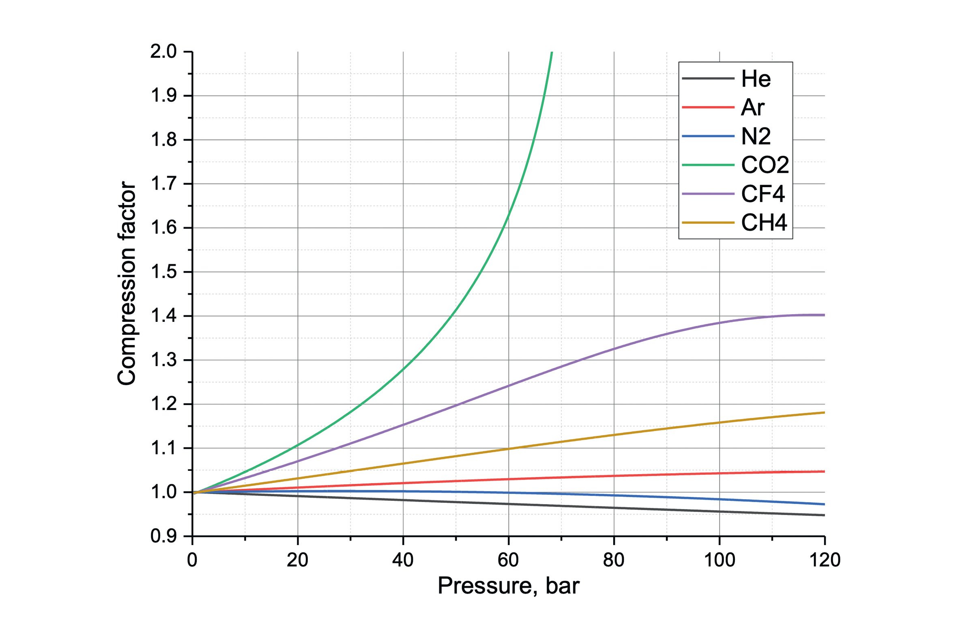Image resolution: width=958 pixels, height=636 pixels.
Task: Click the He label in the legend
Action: [756, 79]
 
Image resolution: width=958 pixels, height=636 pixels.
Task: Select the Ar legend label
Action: [752, 108]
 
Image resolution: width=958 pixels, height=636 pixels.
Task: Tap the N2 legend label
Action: [756, 136]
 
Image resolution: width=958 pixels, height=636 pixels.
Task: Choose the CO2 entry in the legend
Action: [765, 165]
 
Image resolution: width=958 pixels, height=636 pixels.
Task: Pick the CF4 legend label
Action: [763, 194]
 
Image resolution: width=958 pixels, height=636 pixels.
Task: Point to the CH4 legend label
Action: [764, 223]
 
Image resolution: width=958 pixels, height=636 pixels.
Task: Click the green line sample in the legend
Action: [708, 165]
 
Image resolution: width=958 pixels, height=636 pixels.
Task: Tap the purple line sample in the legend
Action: [708, 194]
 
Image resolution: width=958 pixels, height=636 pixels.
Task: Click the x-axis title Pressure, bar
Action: [508, 586]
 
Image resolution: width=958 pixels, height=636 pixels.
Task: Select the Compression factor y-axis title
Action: [127, 283]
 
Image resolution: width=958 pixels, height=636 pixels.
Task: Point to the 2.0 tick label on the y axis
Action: [163, 52]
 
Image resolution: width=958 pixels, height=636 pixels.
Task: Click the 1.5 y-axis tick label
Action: [163, 272]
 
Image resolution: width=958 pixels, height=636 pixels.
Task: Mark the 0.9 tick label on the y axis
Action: [163, 537]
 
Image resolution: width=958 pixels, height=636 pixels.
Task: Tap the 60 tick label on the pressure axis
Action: [508, 561]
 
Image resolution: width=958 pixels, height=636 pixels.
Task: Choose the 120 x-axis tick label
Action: [825, 561]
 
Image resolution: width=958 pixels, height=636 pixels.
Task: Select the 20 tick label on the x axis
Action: [297, 561]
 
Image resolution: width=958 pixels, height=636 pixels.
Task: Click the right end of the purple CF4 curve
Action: [824, 315]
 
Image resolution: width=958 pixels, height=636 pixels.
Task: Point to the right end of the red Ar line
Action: [824, 472]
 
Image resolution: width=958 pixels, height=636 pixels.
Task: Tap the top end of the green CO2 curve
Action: [552, 53]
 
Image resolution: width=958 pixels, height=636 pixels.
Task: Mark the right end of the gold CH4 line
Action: [824, 413]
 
